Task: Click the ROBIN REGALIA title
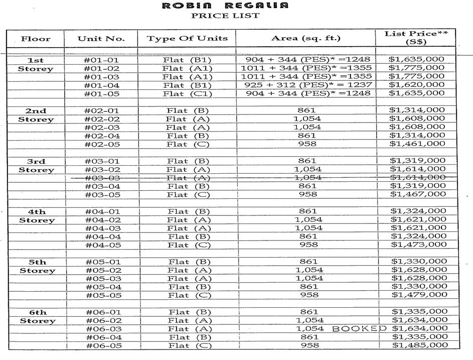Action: tap(225, 6)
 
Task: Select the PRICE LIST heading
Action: tap(225, 16)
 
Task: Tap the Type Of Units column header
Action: tap(187, 38)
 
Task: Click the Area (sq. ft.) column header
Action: tap(305, 38)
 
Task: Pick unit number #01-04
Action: tap(102, 85)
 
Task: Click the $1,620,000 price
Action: tap(417, 85)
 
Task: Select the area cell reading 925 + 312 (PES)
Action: tap(306, 85)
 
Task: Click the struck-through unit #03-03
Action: tap(102, 178)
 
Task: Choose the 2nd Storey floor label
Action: tap(36, 115)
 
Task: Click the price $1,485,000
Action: tap(420, 345)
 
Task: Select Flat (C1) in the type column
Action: tap(188, 93)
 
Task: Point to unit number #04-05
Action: tap(103, 245)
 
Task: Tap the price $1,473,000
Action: tap(419, 245)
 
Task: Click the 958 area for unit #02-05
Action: tap(307, 144)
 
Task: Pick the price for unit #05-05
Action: tap(419, 295)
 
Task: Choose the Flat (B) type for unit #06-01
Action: tap(189, 312)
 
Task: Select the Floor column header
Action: tap(35, 39)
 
